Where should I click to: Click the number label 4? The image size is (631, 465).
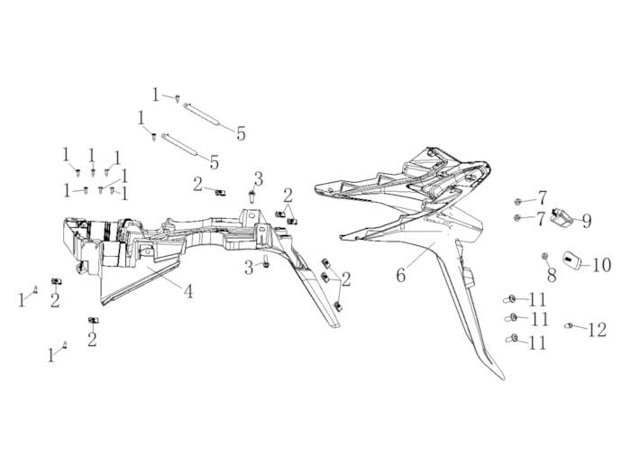pos(187,291)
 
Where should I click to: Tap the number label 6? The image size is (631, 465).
pos(401,276)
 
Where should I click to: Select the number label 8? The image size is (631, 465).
pos(552,276)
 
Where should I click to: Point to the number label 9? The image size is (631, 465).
pos(587,221)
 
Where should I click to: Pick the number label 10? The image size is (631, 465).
pos(601,265)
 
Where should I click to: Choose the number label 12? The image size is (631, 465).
pos(597,330)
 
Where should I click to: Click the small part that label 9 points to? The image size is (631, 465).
pos(562,217)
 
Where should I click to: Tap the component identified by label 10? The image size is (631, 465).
pos(573,260)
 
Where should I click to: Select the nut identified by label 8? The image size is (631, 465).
pos(545,256)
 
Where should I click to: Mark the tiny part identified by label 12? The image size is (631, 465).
pos(569,324)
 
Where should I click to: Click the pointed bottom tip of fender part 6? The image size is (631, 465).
pos(503,378)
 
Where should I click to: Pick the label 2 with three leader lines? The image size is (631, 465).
pos(345,278)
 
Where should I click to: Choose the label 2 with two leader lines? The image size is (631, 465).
pos(288,196)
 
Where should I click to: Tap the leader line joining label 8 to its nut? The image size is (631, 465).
pos(548,263)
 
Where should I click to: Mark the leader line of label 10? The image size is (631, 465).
pos(587,264)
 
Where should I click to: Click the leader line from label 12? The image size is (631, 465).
pos(580,327)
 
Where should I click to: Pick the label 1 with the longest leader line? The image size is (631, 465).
pos(124,176)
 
